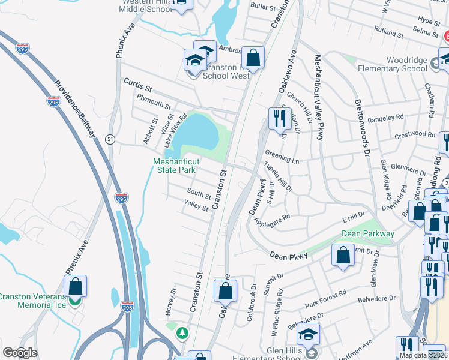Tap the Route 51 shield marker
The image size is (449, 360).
coord(110,139)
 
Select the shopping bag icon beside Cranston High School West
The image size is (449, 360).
coord(253,59)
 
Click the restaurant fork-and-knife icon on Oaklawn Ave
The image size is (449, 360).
coord(279,119)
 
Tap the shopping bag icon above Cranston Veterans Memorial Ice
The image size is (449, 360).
coord(76,286)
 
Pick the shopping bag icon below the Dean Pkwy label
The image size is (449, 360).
coord(342,255)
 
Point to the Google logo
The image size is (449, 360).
coord(20,353)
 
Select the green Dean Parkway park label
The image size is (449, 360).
coord(368,233)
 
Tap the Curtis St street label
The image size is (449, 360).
coord(139,82)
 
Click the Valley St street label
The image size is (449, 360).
coord(196,208)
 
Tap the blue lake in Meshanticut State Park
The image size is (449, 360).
coord(195,129)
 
